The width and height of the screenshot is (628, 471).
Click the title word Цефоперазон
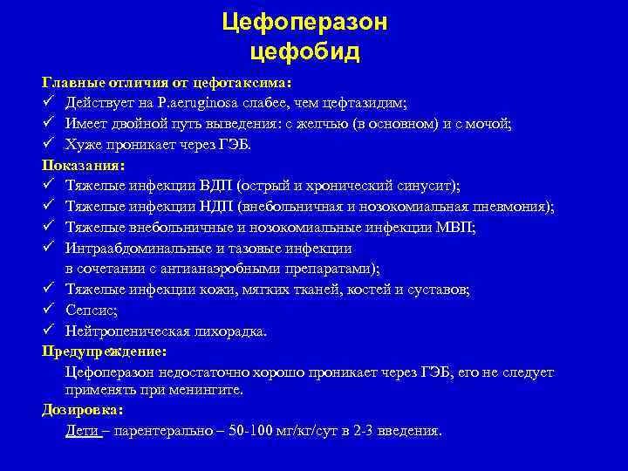304,22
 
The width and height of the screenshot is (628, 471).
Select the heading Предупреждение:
104,352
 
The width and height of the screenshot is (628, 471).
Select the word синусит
432,186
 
